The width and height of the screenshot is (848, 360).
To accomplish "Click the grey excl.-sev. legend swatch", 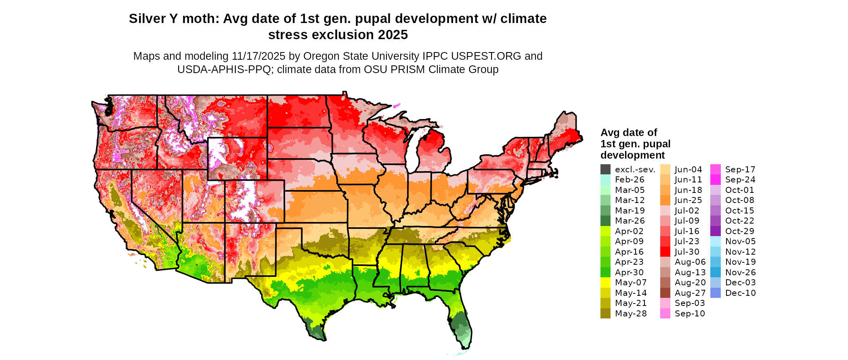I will click(605, 170).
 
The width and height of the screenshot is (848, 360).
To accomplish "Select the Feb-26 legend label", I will click(630, 180).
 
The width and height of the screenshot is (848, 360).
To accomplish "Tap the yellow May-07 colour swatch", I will click(605, 283).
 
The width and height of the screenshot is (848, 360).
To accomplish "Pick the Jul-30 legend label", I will click(687, 252).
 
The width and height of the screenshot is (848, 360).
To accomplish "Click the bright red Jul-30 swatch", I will click(665, 252).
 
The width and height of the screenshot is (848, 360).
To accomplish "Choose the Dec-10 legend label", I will click(740, 293).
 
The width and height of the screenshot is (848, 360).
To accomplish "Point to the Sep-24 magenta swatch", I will click(715, 180).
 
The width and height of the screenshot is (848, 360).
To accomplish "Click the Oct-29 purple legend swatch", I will click(715, 231).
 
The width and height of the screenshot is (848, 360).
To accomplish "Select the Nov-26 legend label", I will click(740, 272).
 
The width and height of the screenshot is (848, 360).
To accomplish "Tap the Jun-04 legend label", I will click(688, 170).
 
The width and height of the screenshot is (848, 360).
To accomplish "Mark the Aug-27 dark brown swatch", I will click(665, 293).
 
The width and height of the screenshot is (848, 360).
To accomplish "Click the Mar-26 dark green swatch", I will click(605, 221).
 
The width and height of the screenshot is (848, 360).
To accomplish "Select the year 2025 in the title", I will click(393, 35).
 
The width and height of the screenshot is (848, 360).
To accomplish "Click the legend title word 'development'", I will click(632, 155).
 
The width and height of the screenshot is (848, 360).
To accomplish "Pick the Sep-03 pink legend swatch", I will click(665, 303).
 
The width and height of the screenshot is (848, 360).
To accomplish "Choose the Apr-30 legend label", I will click(629, 272).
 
